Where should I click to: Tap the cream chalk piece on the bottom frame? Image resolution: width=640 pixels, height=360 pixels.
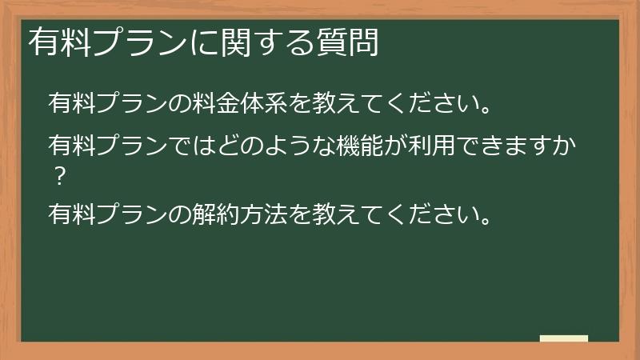pyautogui.click(x=564, y=338)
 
